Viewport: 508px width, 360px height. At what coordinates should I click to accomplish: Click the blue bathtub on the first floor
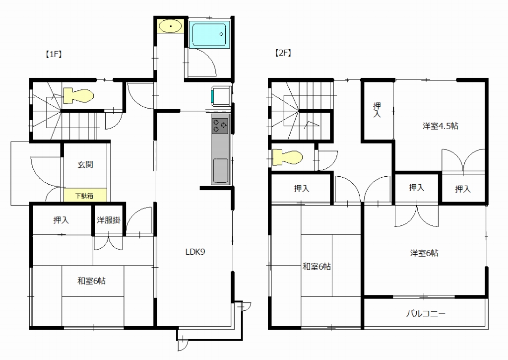coord(209,35)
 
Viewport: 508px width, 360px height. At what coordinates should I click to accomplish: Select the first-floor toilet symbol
coord(78,96)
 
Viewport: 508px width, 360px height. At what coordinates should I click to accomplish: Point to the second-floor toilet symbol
coord(287,157)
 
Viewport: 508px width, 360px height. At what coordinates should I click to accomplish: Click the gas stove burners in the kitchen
coord(220,126)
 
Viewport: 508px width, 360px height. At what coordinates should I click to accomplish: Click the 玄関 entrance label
coord(85,164)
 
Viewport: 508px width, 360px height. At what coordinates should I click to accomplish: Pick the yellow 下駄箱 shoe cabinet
coord(85,195)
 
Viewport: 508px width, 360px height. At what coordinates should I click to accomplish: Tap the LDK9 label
coord(195,252)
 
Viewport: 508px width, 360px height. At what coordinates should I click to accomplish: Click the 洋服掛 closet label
coord(109,220)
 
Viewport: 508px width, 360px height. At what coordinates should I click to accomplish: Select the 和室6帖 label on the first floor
coord(91,281)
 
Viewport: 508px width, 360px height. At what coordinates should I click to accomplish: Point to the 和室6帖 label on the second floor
coord(317,267)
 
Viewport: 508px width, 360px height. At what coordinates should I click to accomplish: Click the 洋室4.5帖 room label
coord(441,126)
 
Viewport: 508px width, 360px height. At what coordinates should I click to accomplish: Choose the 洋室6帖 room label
coord(425,253)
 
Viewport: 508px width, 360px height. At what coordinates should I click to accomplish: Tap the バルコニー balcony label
coord(426,314)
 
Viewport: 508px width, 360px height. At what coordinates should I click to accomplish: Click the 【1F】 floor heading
coord(53,54)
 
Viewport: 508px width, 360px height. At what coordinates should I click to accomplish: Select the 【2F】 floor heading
coord(283,53)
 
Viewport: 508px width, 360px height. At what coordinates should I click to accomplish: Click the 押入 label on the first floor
coord(61,220)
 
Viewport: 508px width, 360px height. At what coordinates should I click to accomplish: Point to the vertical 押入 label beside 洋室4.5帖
coord(377,110)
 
